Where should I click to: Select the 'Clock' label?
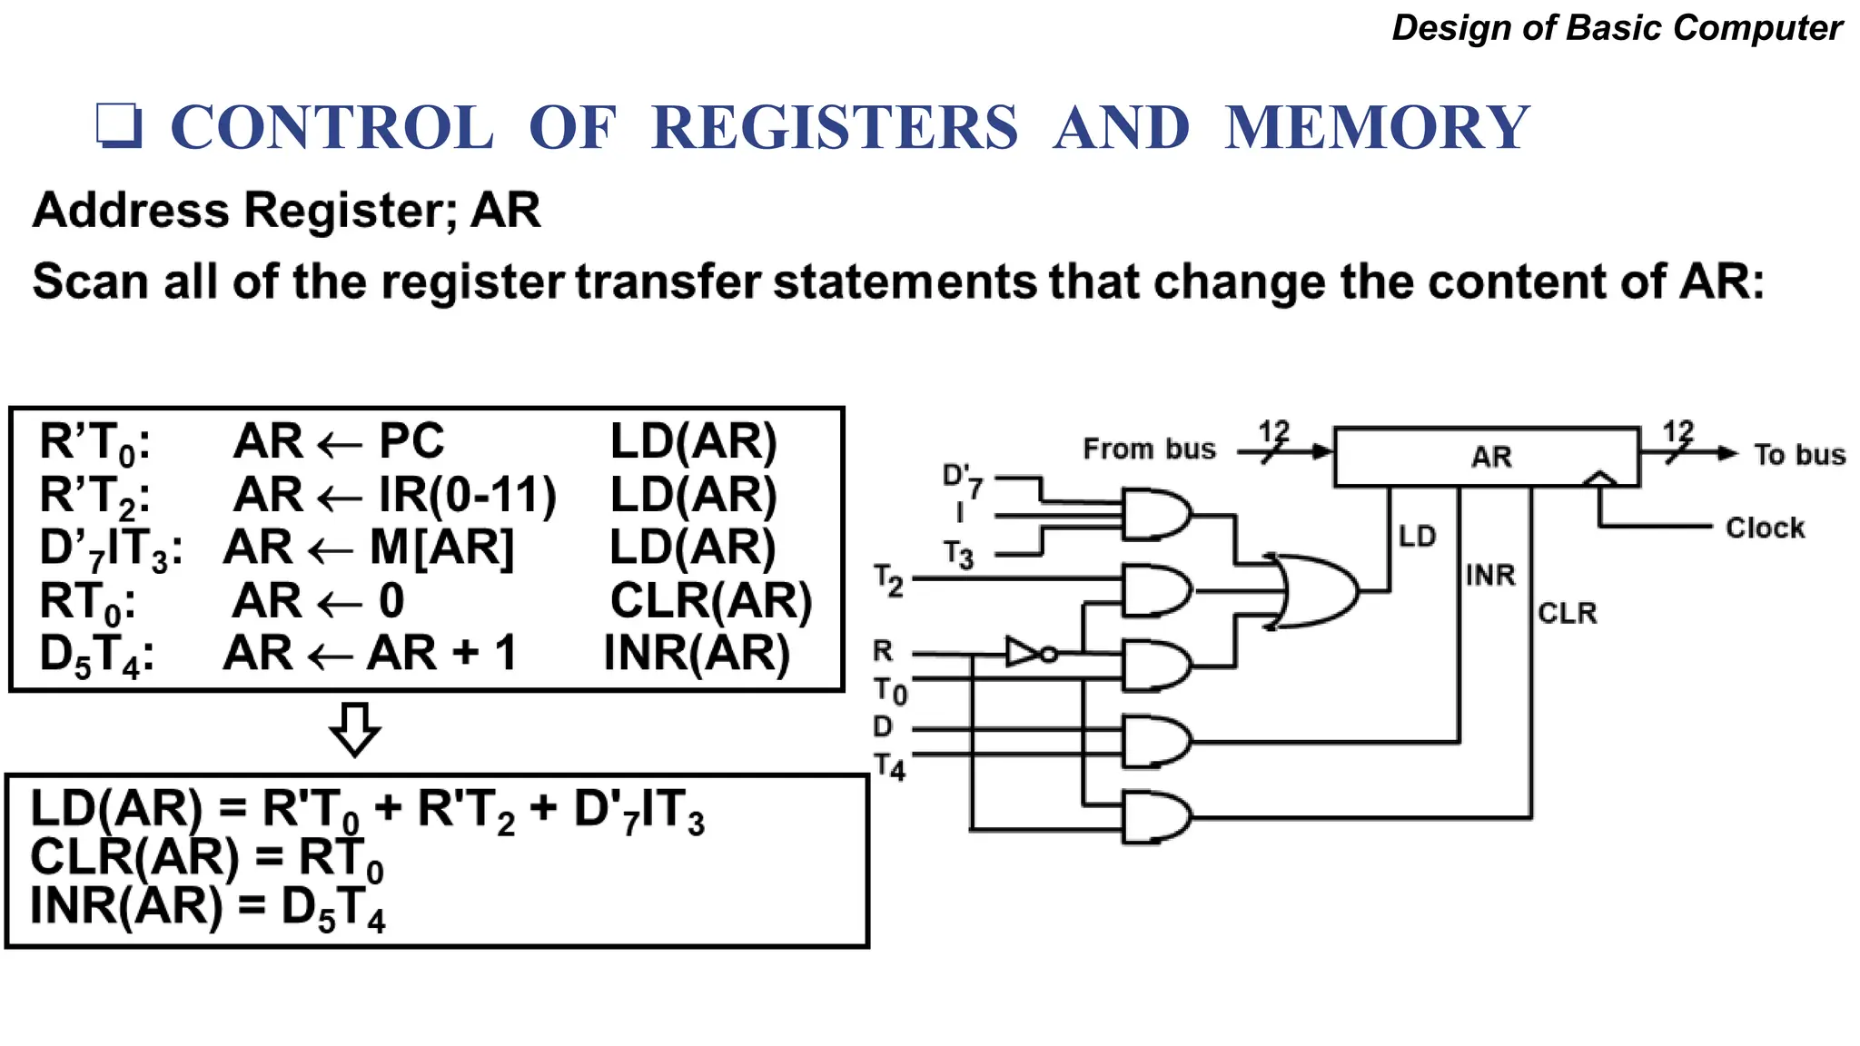[x=1764, y=528]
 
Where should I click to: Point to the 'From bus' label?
[x=1149, y=449]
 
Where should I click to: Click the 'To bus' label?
[x=1798, y=454]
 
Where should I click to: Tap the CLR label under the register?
[x=1567, y=613]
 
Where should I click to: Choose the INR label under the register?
[x=1490, y=575]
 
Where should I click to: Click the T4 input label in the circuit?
[x=890, y=767]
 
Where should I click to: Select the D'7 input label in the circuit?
[x=962, y=480]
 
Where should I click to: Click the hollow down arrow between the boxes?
[x=355, y=729]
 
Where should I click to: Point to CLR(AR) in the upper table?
[x=710, y=600]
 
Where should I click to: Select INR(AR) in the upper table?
[x=697, y=653]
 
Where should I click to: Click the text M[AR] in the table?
[x=441, y=548]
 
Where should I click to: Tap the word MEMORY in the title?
[x=1376, y=127]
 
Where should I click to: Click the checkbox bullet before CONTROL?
[x=119, y=125]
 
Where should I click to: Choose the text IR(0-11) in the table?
[x=467, y=495]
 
